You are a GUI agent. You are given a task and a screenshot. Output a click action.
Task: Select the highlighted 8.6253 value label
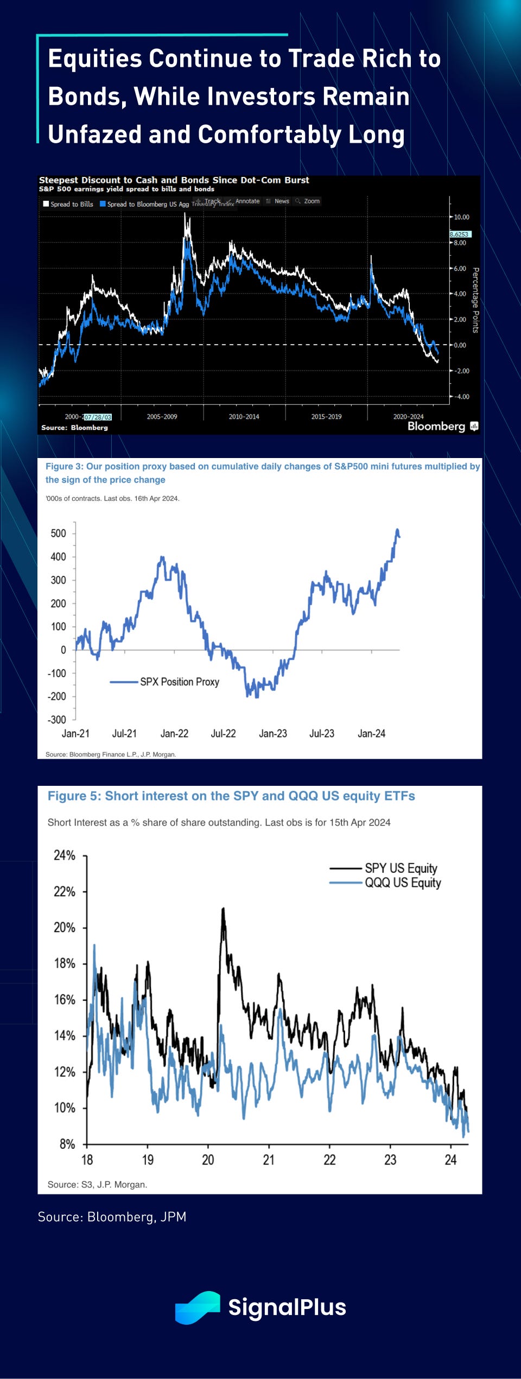click(460, 234)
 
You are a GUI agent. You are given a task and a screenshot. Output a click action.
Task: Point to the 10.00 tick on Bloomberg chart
click(461, 217)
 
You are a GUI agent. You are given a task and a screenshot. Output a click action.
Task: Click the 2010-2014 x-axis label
click(244, 417)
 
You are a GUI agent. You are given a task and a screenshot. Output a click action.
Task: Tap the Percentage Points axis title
click(476, 300)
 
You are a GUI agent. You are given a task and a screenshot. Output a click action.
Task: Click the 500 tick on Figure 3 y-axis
click(58, 533)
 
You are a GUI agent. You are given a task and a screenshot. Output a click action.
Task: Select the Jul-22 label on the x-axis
click(223, 734)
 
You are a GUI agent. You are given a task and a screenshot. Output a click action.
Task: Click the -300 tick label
click(56, 720)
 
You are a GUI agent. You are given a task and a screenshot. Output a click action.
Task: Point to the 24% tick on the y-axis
click(65, 856)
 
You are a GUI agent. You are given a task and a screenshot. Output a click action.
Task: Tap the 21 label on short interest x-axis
click(269, 1160)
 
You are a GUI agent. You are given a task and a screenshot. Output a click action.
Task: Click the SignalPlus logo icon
click(198, 1307)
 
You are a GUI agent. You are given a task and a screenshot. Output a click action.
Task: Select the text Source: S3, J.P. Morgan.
click(97, 1185)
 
